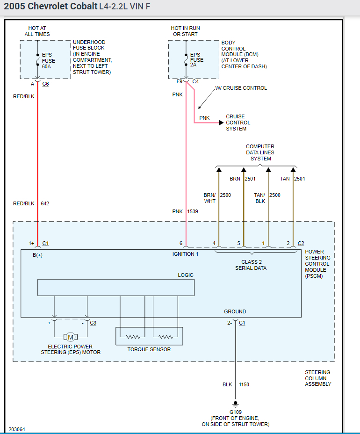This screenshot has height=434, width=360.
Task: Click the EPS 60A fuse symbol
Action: (x=37, y=60)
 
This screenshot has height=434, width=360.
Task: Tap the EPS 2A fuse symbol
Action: (x=186, y=60)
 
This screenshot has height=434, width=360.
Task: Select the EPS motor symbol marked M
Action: (x=71, y=337)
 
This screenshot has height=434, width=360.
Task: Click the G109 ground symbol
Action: (x=235, y=403)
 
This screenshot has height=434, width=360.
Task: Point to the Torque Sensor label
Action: (x=149, y=349)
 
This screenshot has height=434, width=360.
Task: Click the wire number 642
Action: (x=45, y=203)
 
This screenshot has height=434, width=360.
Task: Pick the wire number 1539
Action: (x=193, y=211)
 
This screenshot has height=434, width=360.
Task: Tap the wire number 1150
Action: (x=244, y=384)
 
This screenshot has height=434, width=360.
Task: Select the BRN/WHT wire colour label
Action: (x=209, y=198)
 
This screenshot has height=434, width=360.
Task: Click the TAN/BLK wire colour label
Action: (x=259, y=198)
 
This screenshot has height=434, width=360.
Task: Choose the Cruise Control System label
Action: (x=236, y=123)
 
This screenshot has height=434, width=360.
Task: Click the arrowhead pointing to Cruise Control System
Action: (x=221, y=123)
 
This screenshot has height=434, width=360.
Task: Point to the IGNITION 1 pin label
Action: (x=186, y=254)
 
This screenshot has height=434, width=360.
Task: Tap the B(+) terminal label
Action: (x=37, y=255)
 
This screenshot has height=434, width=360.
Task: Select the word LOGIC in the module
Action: (x=186, y=275)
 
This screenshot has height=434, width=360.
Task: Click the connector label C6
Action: (x=45, y=84)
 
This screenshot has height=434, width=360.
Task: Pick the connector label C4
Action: (x=195, y=81)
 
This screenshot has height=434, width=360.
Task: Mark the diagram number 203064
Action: (x=17, y=429)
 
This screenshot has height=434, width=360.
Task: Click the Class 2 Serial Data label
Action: (x=251, y=265)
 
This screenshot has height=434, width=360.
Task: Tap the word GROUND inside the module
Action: (x=235, y=311)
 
